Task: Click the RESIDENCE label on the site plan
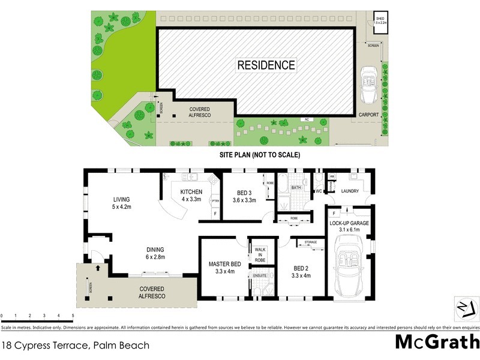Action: coord(266,65)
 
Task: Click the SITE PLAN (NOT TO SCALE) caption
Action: coord(260,155)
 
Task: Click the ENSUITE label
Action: coord(260,275)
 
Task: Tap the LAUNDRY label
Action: coord(350,191)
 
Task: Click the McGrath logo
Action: coord(437,342)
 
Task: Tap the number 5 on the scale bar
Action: coord(73,315)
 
